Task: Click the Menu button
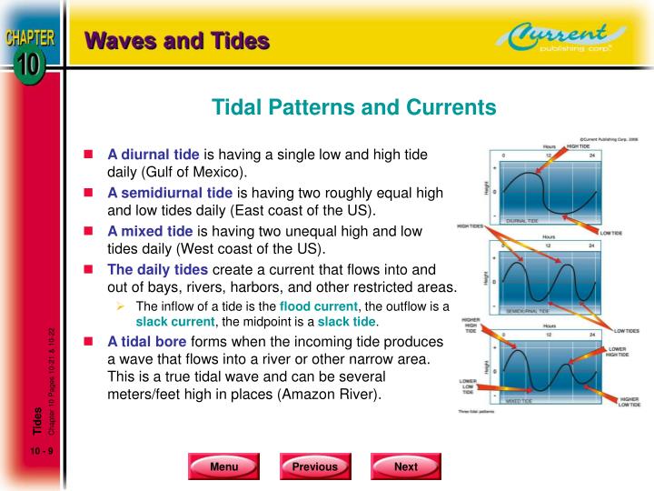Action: (223, 466)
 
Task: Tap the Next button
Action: (405, 466)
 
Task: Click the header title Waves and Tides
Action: (177, 41)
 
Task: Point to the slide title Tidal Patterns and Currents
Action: (354, 108)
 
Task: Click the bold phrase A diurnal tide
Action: (153, 155)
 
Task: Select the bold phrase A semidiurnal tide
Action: (170, 193)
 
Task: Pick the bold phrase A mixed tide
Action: (150, 231)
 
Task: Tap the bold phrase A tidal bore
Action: (149, 343)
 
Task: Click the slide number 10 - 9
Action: (41, 452)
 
